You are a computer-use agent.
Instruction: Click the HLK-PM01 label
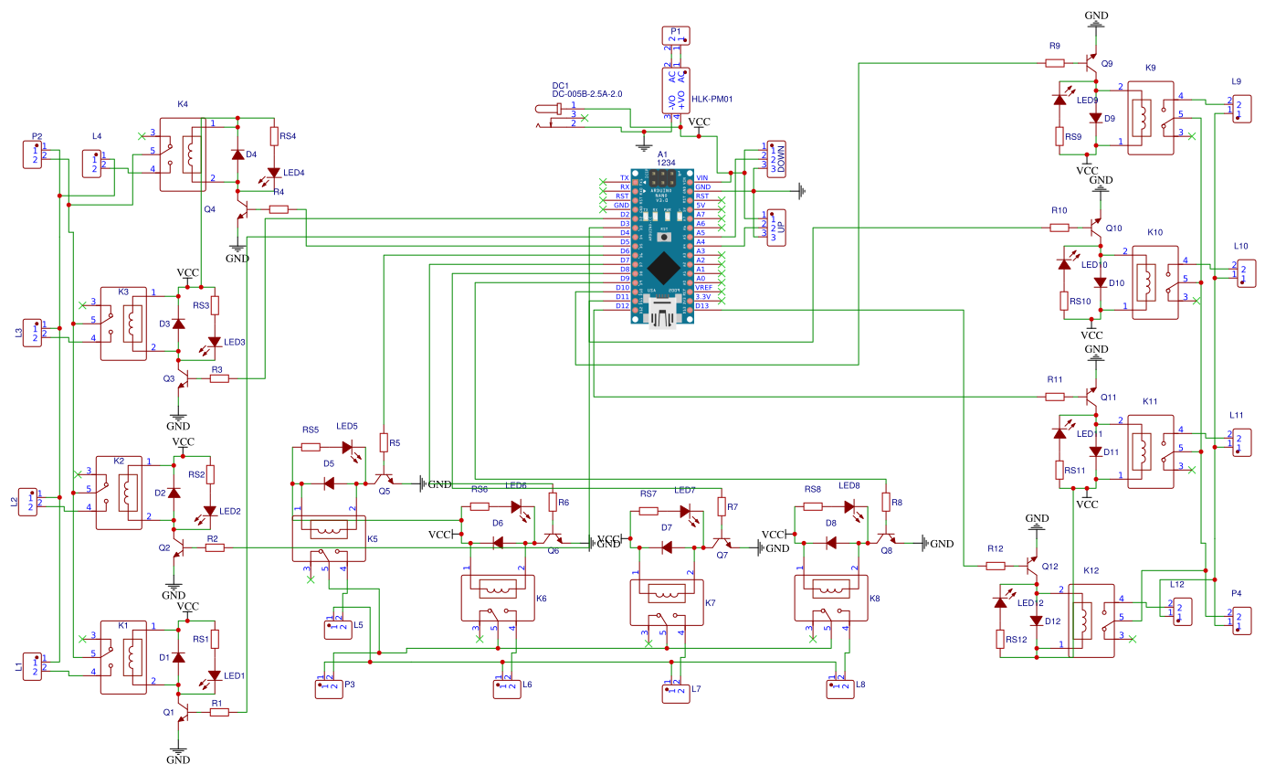click(x=712, y=100)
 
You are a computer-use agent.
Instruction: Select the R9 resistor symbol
click(x=1055, y=63)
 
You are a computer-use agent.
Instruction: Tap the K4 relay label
click(x=182, y=105)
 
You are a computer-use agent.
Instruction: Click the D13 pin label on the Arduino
click(x=701, y=306)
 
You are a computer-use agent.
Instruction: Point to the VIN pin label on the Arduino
click(x=701, y=177)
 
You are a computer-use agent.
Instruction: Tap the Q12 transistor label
click(x=1049, y=567)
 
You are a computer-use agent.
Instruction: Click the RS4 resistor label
click(x=288, y=136)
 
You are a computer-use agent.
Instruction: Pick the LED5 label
click(x=347, y=427)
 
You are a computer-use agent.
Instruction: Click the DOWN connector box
click(x=775, y=158)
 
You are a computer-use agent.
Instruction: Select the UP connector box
click(x=775, y=227)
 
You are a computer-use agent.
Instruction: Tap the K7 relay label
click(x=711, y=603)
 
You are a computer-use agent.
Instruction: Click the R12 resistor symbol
click(x=996, y=566)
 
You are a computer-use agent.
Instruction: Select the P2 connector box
click(x=34, y=154)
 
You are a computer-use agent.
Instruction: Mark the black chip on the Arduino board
click(x=663, y=268)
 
